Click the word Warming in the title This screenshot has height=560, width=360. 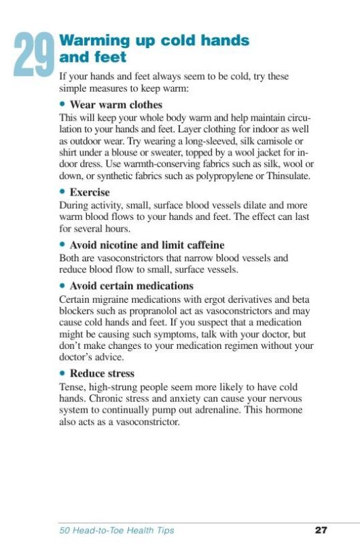[x=93, y=41]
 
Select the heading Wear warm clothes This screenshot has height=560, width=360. [x=115, y=105]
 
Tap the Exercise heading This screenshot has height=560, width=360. [x=90, y=192]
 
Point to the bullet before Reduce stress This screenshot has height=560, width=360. [x=62, y=373]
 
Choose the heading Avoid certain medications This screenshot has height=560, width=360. [x=131, y=286]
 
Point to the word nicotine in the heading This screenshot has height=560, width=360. [x=121, y=244]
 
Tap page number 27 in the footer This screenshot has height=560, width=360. [x=321, y=530]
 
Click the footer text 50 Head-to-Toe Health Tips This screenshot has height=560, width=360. [x=116, y=530]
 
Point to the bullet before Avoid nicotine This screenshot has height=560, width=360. [x=62, y=244]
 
